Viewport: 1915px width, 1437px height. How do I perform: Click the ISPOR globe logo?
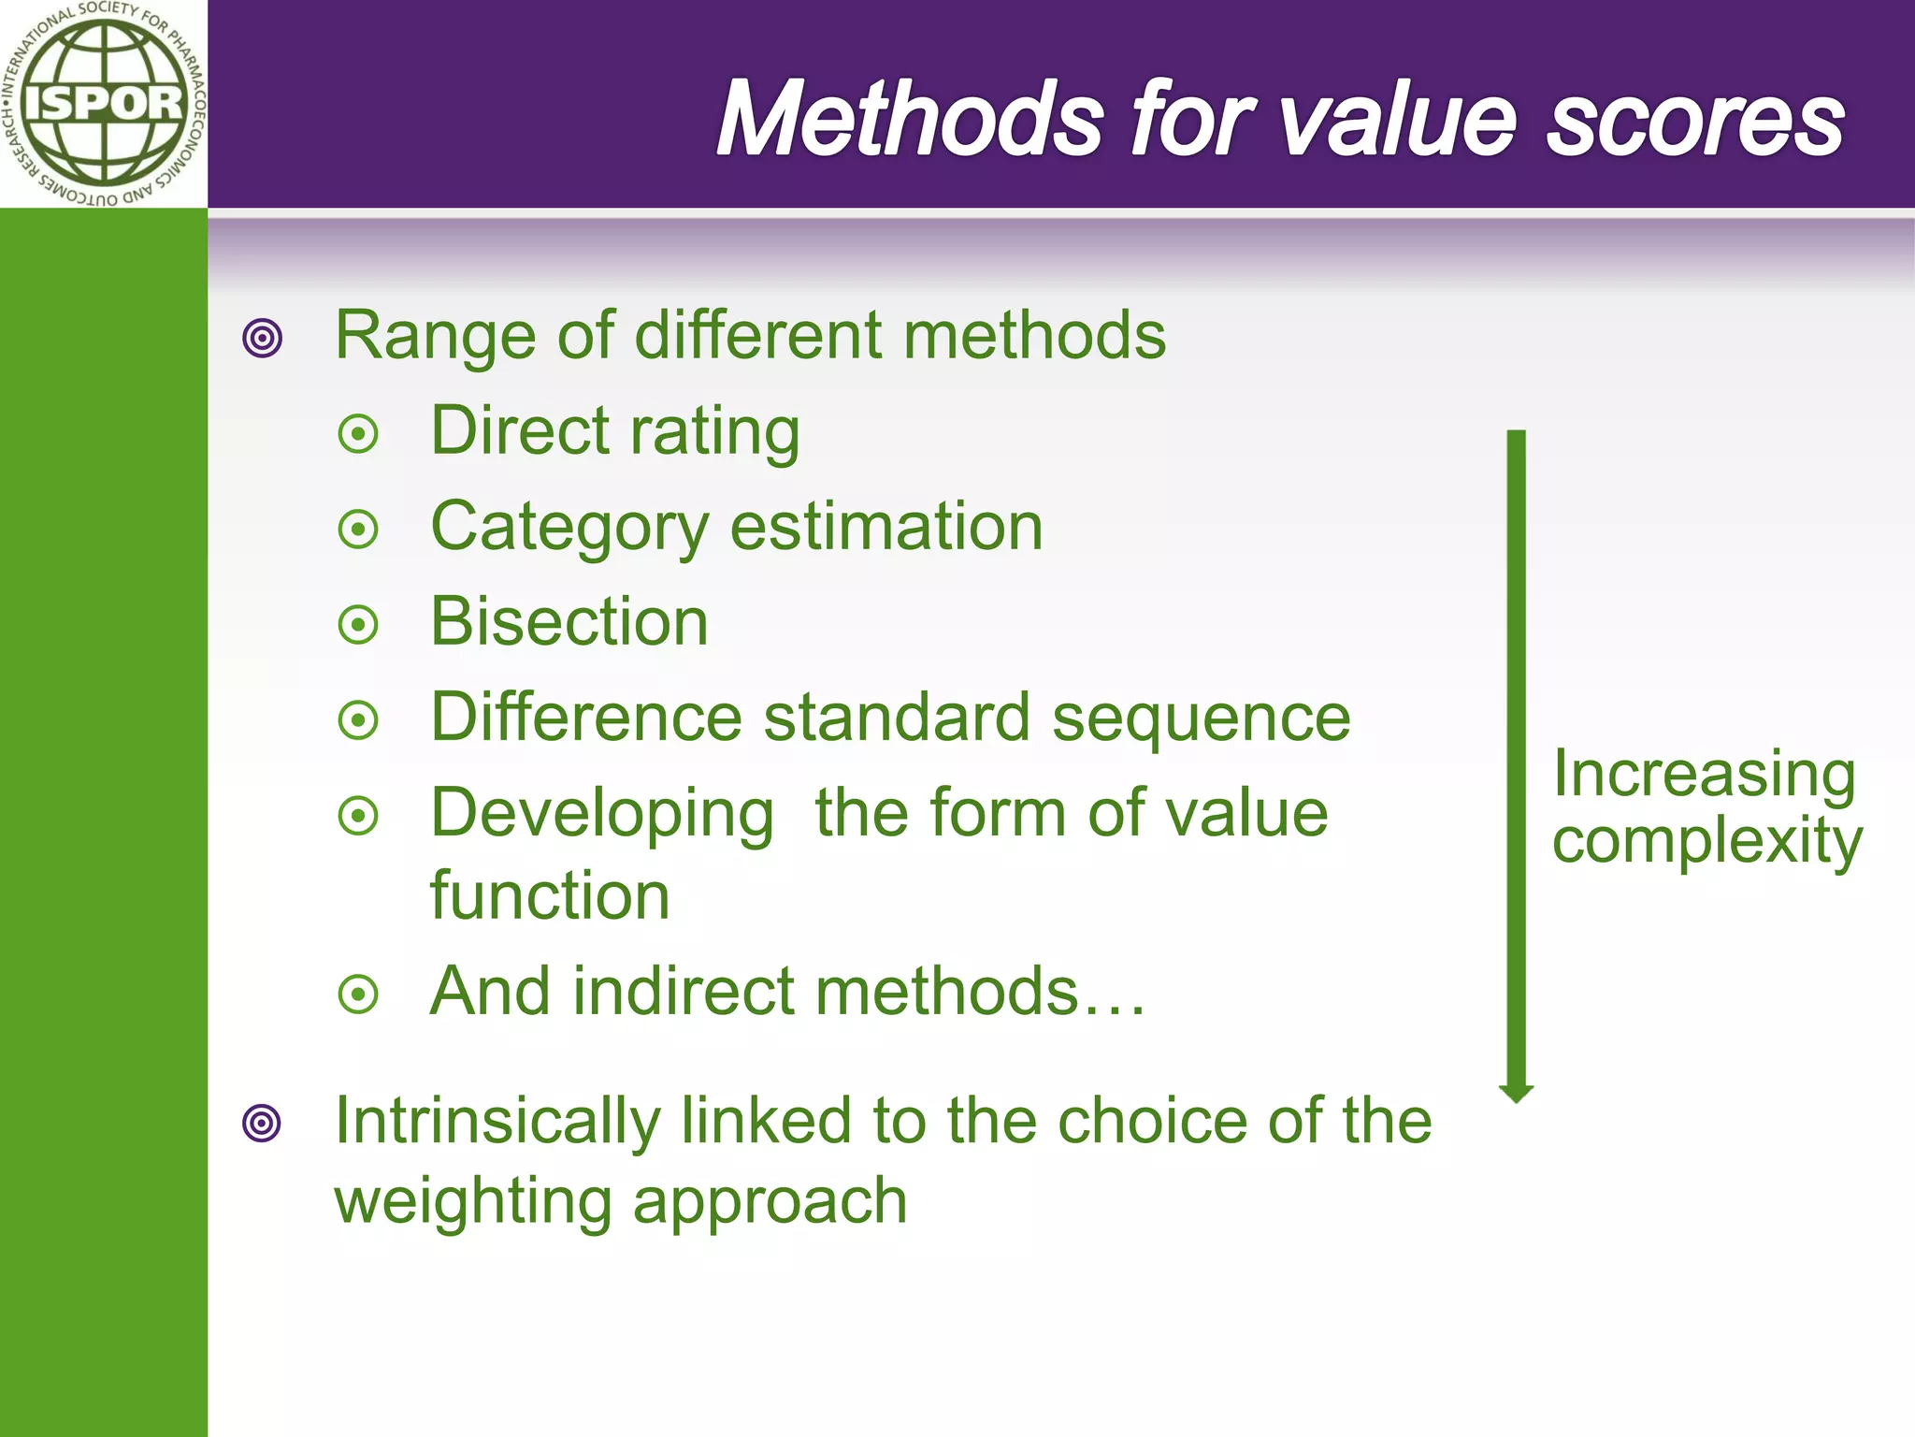103,103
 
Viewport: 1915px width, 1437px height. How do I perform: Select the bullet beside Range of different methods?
262,338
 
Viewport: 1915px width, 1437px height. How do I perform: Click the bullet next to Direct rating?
358,434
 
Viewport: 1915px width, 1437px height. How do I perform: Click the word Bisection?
569,622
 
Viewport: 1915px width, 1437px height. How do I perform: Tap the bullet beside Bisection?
358,625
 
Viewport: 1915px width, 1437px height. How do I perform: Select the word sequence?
1201,718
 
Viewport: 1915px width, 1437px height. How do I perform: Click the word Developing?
602,815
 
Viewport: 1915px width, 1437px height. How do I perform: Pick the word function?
550,896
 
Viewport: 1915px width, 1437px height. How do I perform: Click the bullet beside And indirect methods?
358,994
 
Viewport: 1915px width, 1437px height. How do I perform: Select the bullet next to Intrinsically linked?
262,1123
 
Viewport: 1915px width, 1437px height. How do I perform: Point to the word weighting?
473,1202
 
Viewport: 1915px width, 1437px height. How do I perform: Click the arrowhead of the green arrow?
1516,1093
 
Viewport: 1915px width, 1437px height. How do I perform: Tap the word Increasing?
1704,776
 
